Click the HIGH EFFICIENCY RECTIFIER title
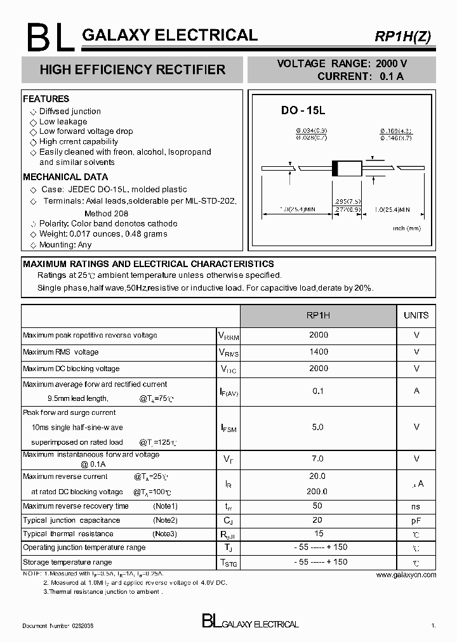pos(132,70)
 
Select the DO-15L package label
pos(303,110)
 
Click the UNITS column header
pos(416,315)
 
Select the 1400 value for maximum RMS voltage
pos(319,352)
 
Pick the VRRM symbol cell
pos(228,336)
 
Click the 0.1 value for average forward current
pos(319,391)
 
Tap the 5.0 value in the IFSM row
pos(319,428)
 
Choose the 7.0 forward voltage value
pos(319,459)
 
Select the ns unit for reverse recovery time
pos(416,507)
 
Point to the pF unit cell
pos(416,520)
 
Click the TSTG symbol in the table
pos(228,563)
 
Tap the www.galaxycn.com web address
pos(406,575)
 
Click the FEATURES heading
pos(46,99)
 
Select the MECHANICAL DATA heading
pos(65,177)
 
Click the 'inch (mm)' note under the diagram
pos(406,228)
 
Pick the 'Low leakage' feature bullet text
pos(63,122)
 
